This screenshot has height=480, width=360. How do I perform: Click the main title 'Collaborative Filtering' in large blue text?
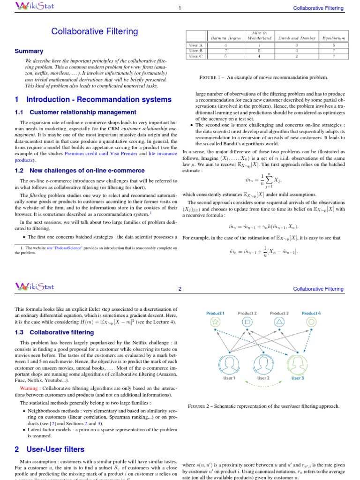click(95, 31)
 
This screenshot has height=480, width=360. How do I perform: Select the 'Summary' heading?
click(29, 51)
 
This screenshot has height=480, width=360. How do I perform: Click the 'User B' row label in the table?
click(194, 51)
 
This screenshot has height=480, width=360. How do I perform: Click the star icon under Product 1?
click(215, 322)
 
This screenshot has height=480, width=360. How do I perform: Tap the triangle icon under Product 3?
click(279, 322)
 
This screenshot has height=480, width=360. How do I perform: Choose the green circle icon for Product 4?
click(311, 322)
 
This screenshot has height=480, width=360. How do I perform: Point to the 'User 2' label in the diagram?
click(263, 377)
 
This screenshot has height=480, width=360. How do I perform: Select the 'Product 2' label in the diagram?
click(247, 313)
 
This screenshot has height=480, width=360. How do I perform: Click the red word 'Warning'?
click(30, 389)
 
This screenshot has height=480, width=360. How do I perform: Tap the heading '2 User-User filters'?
click(50, 450)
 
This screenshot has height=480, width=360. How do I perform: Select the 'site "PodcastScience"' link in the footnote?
click(64, 247)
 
